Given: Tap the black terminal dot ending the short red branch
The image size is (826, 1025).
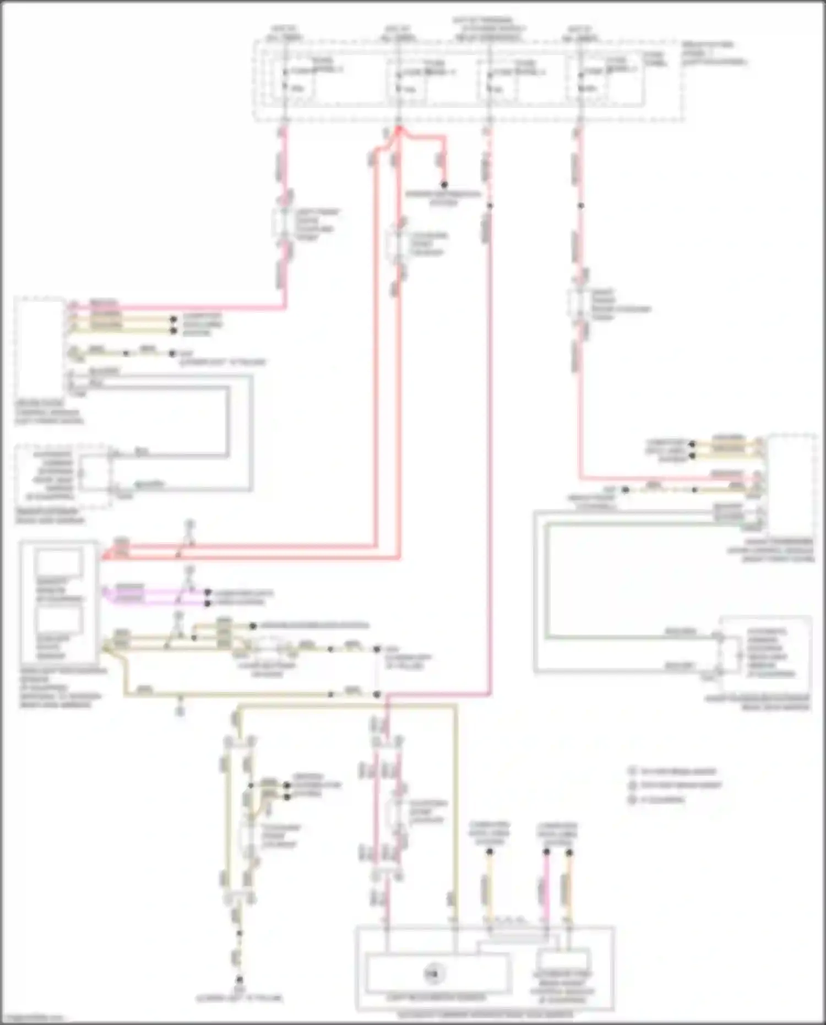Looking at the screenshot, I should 444,185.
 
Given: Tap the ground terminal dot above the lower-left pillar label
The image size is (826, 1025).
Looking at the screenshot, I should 240,980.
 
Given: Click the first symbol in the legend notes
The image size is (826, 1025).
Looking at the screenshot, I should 632,771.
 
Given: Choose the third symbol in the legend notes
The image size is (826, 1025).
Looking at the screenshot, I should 632,800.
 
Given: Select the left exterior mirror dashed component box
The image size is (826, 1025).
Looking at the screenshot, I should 63,476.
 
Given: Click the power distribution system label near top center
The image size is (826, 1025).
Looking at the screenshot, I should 443,198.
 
